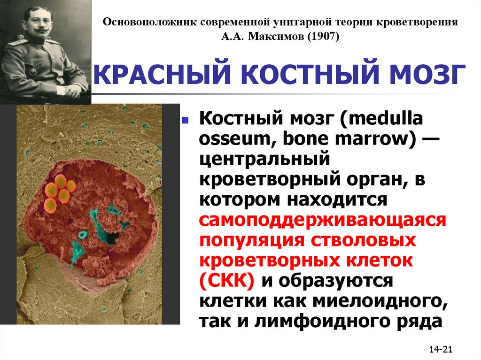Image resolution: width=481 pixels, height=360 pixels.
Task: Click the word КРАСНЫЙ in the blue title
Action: (162, 75)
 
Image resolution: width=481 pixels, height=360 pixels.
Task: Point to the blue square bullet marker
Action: (185, 120)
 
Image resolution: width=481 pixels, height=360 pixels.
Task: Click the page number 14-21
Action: (441, 349)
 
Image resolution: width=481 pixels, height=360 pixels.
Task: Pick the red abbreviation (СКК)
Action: (227, 280)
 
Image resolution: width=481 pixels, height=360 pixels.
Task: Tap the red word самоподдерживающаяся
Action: (322, 221)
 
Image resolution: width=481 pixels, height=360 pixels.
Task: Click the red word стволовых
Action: (364, 240)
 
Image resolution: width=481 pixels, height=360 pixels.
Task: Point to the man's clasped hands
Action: (74, 90)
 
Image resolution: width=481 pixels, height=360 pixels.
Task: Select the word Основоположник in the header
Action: (150, 23)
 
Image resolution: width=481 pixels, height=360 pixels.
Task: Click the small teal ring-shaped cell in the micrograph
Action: (83, 236)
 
